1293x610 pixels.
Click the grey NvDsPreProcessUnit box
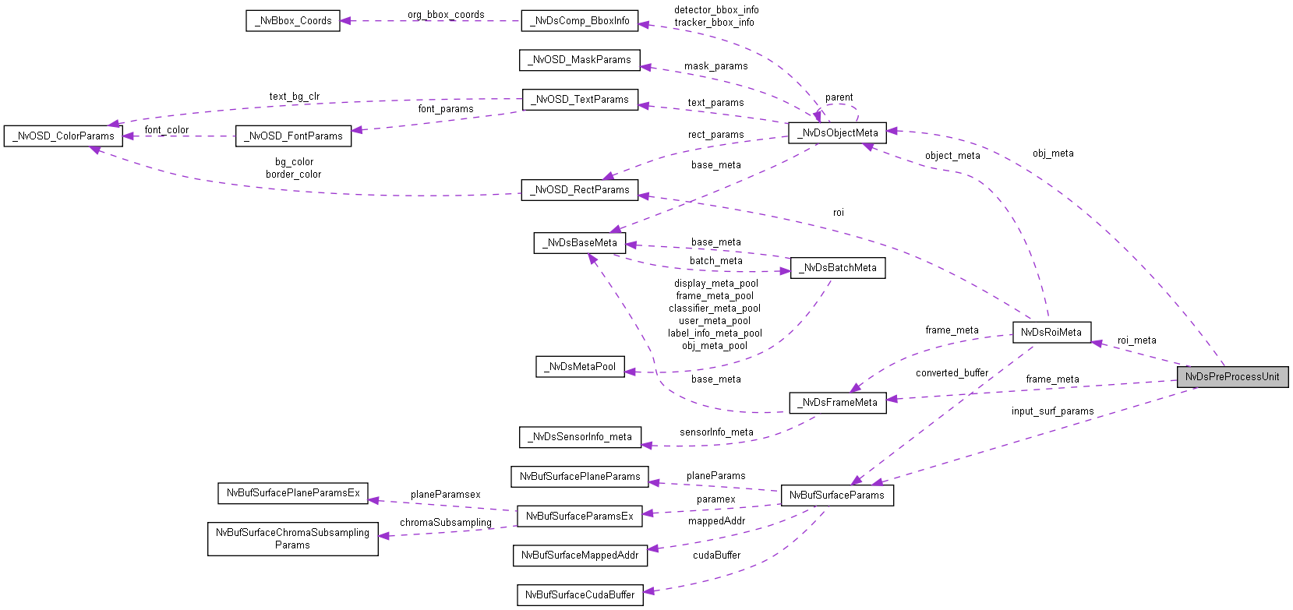[x=1232, y=377]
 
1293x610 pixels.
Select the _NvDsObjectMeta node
[x=837, y=133]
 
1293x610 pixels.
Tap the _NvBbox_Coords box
[x=293, y=21]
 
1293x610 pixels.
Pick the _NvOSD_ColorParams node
[x=63, y=136]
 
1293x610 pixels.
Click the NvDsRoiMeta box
[x=1051, y=333]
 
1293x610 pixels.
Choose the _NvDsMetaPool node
[x=580, y=367]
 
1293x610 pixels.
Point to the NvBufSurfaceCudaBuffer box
[x=580, y=595]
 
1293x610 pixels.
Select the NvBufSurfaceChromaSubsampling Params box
[x=292, y=539]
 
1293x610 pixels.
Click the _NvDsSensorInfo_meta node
[x=580, y=437]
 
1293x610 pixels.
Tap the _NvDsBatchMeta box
[x=838, y=268]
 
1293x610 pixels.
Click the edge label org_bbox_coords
[x=446, y=15]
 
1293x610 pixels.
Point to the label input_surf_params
[x=1052, y=411]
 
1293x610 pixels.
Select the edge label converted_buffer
[x=952, y=373]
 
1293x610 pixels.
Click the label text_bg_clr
[x=295, y=97]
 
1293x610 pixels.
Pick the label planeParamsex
[x=445, y=495]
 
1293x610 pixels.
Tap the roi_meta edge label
[x=1136, y=340]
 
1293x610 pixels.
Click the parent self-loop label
[x=839, y=97]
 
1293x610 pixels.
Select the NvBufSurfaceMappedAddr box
[x=580, y=555]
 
